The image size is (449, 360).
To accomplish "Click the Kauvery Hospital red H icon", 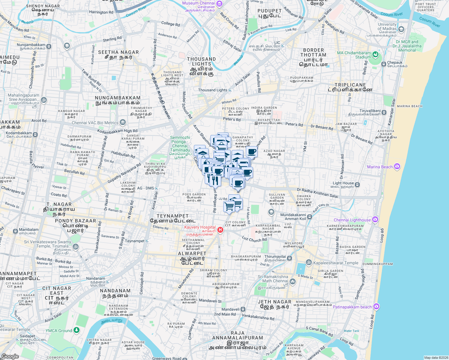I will (220, 230).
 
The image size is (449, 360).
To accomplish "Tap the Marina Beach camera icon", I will (397, 166).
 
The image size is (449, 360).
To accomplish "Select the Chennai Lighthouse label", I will (352, 220).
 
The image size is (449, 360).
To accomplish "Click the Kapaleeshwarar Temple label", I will (336, 263).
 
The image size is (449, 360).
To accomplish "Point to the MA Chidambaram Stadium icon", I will (375, 55).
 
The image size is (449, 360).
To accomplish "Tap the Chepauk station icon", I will (384, 64).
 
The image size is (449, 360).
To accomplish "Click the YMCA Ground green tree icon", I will (77, 330).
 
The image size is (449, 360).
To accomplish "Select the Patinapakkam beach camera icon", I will (376, 307).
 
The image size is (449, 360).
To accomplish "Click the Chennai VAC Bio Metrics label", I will (95, 123).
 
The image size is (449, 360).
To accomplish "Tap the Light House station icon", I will (357, 184).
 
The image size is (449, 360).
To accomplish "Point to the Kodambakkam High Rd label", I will (117, 131).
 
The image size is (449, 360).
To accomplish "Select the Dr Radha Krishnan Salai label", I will (317, 193).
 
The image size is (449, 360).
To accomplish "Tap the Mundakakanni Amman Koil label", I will (293, 217).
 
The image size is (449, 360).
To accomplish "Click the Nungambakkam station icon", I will (49, 46).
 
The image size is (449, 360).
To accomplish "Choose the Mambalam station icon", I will (15, 231).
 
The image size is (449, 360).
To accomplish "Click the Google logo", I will (10, 356).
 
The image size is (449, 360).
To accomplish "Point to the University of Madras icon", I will (401, 29).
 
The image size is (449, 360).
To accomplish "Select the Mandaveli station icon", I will (243, 309).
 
